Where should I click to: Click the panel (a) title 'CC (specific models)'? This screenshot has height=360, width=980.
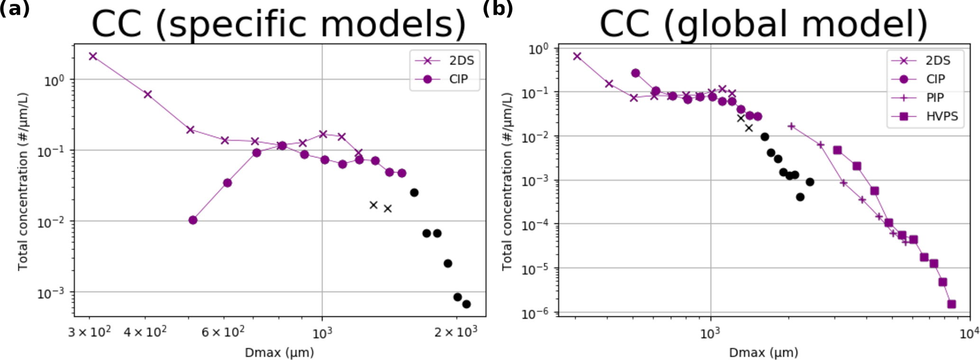click(279, 24)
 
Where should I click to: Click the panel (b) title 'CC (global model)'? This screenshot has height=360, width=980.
click(763, 24)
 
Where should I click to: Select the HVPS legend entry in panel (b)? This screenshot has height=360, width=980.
click(942, 116)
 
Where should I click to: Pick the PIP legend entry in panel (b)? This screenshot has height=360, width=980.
click(935, 98)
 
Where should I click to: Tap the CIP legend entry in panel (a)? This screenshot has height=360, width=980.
click(458, 79)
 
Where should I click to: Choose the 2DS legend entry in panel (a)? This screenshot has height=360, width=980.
click(461, 61)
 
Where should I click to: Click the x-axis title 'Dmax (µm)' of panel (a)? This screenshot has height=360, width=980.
click(279, 352)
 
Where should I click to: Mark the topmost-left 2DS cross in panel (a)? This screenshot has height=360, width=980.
click(93, 56)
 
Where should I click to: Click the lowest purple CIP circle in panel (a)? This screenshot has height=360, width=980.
click(193, 220)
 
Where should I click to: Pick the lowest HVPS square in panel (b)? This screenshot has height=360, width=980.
click(951, 304)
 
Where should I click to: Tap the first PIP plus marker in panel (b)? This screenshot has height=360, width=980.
click(791, 126)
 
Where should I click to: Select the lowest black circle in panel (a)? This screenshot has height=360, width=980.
click(467, 304)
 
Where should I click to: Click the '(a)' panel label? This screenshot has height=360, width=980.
click(14, 8)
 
